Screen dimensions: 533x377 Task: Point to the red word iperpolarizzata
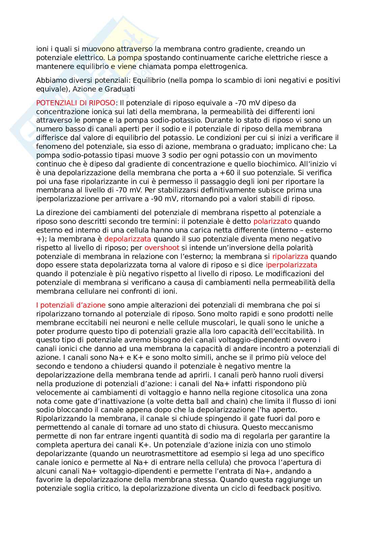(x=292, y=265)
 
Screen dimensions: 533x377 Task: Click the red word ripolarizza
(x=290, y=256)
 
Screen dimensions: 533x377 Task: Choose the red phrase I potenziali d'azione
(x=71, y=305)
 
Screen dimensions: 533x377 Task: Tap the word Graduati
(x=120, y=89)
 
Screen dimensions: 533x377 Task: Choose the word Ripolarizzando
(x=60, y=419)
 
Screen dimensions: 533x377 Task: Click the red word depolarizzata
(x=128, y=239)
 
